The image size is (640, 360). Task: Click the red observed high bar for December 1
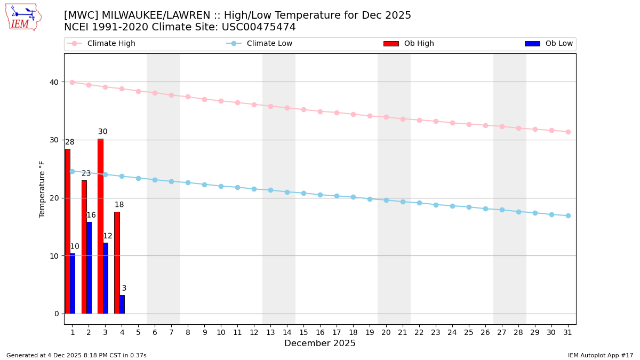pyautogui.click(x=67, y=231)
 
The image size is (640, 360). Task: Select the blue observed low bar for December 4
pyautogui.click(x=122, y=304)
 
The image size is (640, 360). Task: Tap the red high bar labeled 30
pyautogui.click(x=100, y=226)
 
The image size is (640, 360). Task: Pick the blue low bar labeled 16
pyautogui.click(x=89, y=268)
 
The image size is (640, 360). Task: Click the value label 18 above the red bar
pyautogui.click(x=119, y=205)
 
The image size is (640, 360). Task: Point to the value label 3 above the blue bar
pyautogui.click(x=124, y=289)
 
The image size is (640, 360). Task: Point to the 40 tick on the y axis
pyautogui.click(x=54, y=82)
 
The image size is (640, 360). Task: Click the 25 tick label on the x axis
pyautogui.click(x=469, y=332)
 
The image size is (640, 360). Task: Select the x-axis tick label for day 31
pyautogui.click(x=568, y=332)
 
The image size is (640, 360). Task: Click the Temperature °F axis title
pyautogui.click(x=42, y=189)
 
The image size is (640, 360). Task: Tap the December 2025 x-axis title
pyautogui.click(x=320, y=343)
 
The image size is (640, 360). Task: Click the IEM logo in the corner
pyautogui.click(x=23, y=17)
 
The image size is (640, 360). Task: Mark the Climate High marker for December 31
pyautogui.click(x=568, y=132)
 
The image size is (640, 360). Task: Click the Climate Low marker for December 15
pyautogui.click(x=303, y=193)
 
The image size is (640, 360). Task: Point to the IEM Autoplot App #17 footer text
pyautogui.click(x=601, y=355)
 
